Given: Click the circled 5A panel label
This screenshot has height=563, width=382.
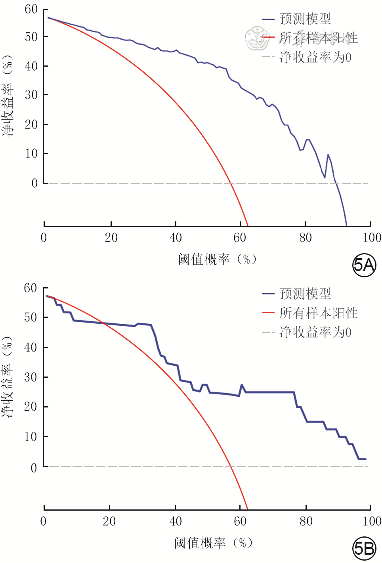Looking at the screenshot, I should click(364, 265).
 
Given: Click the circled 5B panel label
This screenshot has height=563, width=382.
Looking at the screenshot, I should click(364, 548).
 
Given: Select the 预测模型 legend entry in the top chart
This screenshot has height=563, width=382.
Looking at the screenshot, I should click(305, 19).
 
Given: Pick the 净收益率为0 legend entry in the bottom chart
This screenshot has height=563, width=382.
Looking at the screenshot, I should click(315, 332).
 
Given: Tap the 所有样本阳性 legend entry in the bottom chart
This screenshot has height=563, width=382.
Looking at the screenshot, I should click(318, 313).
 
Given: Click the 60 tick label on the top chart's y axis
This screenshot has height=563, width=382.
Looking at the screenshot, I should click(31, 9).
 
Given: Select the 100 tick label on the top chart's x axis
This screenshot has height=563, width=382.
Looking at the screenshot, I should click(372, 238).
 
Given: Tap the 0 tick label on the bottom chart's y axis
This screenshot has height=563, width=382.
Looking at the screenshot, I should click(34, 468).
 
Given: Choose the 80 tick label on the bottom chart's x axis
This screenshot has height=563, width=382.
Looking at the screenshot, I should click(306, 521).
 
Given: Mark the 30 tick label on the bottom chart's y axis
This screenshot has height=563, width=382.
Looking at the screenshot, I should click(31, 377).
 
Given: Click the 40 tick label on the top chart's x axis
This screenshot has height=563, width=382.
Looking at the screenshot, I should click(176, 238).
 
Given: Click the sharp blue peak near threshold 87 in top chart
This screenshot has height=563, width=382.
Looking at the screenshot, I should click(328, 155).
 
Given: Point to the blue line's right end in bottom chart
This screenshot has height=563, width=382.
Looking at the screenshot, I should click(365, 459).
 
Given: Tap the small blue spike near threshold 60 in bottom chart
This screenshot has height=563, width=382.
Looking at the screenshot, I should click(242, 384).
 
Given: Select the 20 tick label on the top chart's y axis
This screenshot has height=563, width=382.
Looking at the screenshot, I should click(31, 124).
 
